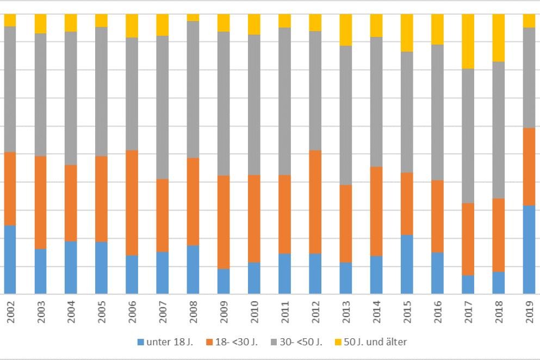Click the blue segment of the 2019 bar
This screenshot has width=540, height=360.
529,250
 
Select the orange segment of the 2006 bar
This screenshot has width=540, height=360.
132,203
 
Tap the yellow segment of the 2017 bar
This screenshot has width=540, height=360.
468,41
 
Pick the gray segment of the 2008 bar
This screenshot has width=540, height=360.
193,90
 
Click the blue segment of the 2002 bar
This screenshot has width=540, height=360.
9,259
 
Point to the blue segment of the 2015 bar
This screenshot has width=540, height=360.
407,264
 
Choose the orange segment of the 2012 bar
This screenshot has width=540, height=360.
315,202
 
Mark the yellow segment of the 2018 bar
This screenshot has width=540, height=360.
498,38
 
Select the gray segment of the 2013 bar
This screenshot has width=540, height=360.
345,115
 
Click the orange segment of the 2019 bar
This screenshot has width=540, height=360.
529,167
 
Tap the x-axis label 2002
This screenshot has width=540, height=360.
10,313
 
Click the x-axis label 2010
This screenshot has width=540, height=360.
254,313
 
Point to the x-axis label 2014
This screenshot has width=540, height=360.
376,313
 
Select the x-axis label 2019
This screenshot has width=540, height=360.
529,313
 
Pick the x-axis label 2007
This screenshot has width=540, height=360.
163,313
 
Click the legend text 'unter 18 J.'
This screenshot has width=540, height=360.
165,342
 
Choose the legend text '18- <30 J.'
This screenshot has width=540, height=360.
238,342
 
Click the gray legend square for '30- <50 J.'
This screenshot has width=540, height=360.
282,343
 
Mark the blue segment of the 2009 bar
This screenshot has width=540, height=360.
224,281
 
